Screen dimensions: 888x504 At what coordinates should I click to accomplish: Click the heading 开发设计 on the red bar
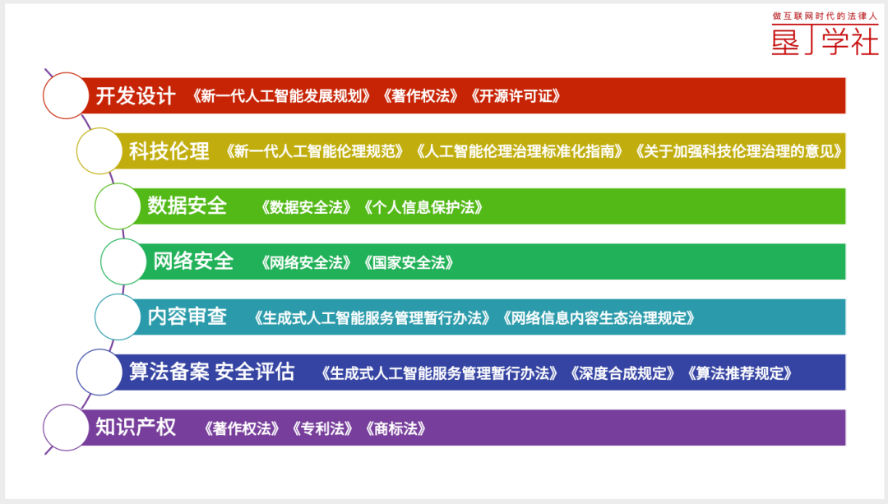click(136, 95)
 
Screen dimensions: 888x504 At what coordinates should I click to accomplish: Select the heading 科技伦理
click(169, 151)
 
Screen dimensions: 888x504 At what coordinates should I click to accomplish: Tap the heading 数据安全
click(187, 206)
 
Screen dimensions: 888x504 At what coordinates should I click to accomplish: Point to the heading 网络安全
click(193, 261)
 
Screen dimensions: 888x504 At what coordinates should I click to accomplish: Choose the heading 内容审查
click(187, 316)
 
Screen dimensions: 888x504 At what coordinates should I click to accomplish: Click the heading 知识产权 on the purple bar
click(136, 427)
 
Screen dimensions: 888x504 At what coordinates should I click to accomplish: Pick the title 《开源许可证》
click(516, 96)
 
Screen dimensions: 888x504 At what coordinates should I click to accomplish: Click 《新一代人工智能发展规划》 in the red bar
click(281, 96)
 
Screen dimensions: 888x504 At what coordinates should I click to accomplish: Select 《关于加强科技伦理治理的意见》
click(738, 151)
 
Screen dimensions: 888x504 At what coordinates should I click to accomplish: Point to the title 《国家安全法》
click(409, 263)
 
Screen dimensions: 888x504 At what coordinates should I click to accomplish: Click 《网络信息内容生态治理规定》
click(599, 317)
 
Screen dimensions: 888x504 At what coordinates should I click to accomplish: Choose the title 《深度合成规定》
click(622, 373)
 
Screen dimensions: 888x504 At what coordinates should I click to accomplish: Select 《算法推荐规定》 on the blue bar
click(739, 373)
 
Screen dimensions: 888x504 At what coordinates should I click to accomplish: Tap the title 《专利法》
click(322, 428)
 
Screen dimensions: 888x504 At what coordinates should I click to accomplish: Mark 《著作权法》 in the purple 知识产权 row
click(242, 428)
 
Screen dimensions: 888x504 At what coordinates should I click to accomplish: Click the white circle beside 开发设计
click(66, 95)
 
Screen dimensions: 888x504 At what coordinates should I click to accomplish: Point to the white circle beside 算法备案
click(99, 372)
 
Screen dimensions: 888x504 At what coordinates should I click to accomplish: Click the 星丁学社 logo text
click(826, 41)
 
